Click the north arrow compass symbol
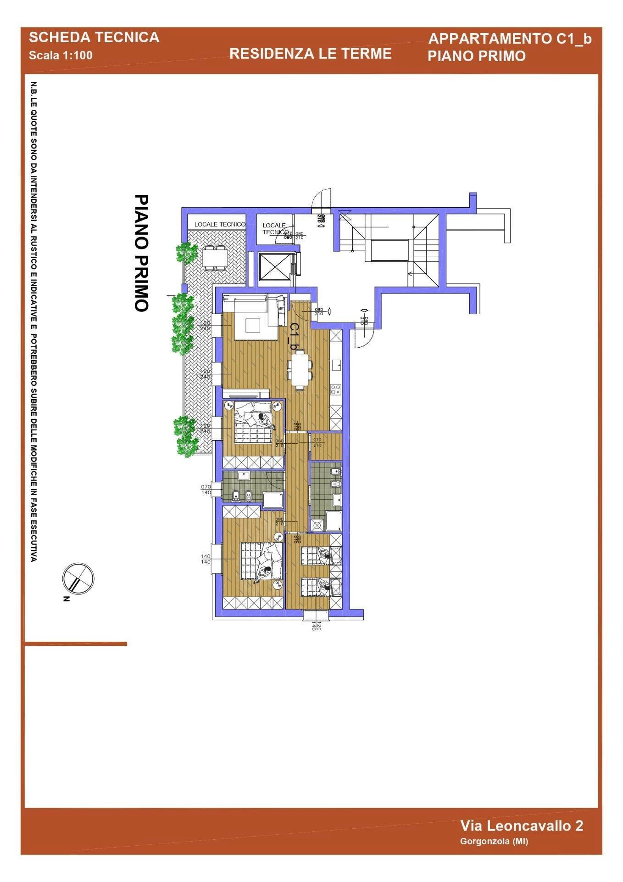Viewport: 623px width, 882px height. (x=78, y=578)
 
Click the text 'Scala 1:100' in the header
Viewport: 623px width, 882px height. (x=61, y=56)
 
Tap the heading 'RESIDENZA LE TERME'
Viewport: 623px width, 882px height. (x=310, y=54)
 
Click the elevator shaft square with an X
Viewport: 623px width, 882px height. (x=274, y=266)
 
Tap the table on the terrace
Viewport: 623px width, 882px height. (x=214, y=257)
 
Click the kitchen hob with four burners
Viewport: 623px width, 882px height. (x=335, y=390)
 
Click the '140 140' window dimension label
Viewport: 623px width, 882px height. (x=206, y=559)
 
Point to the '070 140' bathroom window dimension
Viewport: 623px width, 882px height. (x=206, y=489)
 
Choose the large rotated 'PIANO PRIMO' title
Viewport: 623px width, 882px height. (x=141, y=253)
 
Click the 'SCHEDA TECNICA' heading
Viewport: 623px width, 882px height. (x=94, y=38)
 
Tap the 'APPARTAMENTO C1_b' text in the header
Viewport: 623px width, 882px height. (x=510, y=39)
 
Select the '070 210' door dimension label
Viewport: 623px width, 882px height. (x=317, y=442)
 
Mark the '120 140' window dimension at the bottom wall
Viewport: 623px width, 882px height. (x=316, y=625)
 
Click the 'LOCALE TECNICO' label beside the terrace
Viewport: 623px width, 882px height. (x=220, y=224)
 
